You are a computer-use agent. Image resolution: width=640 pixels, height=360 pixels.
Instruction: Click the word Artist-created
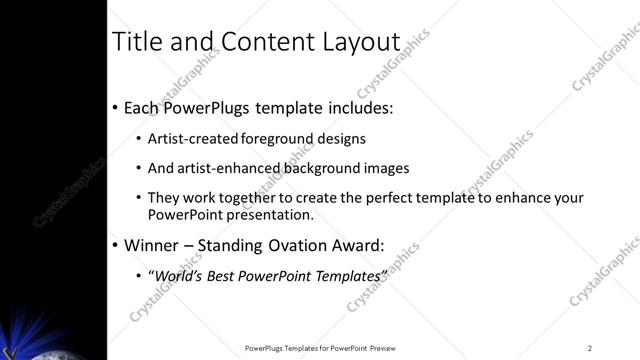click(x=187, y=139)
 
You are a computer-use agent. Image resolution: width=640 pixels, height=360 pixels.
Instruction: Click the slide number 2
click(x=590, y=348)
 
